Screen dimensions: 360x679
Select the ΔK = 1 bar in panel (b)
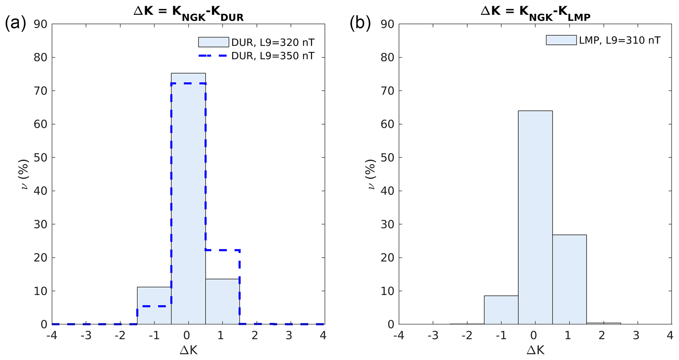569,279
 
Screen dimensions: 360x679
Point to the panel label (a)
15,24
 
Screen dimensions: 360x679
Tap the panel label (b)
360,24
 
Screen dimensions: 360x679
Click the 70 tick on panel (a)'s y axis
40,91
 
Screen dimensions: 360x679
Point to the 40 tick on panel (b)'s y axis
388,191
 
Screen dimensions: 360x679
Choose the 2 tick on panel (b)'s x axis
601,336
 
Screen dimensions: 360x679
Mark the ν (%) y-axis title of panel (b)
371,174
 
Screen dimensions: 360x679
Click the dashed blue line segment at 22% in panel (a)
222,250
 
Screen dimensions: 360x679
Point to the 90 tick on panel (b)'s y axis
388,24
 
